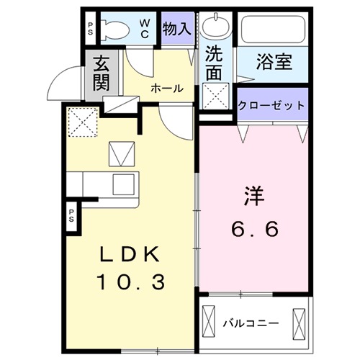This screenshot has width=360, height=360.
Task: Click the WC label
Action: pos(145,29)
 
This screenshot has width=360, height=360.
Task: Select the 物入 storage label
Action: pos(176,29)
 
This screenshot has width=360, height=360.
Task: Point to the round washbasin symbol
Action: pos(213,28)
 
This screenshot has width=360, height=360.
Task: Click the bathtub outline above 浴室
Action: pos(274,30)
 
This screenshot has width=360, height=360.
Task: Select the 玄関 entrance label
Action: pos(101,73)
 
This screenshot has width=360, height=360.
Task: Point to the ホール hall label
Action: pos(166,88)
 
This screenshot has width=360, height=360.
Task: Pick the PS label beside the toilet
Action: pos(91,30)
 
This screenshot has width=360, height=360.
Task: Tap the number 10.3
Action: pos(132,281)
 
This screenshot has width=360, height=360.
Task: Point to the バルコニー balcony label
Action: pos(250,323)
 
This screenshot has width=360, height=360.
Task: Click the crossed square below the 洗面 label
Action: pos(214,95)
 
